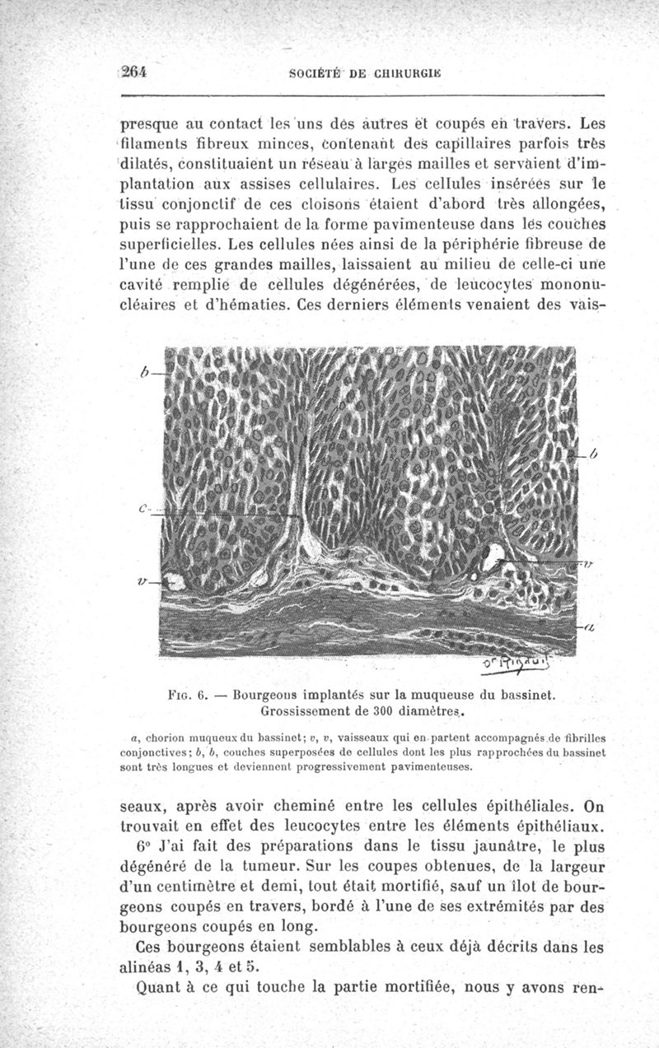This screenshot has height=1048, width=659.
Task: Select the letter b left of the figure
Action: pos(144,372)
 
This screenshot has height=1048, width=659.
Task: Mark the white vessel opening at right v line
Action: pos(496,557)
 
